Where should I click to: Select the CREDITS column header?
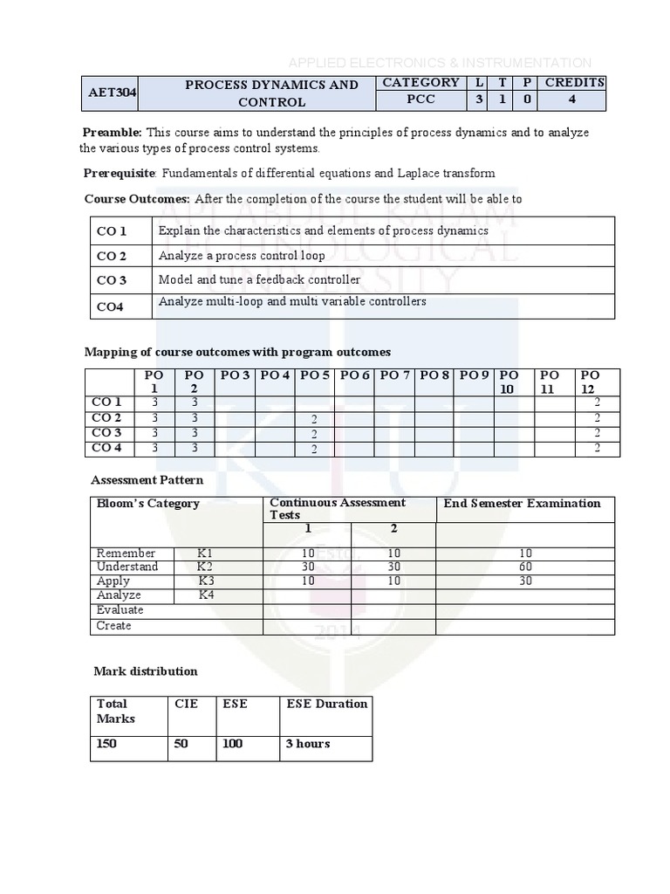[x=574, y=83]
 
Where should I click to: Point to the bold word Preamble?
[x=112, y=132]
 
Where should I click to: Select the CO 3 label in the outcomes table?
[x=112, y=280]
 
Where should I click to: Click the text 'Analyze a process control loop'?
[x=242, y=256]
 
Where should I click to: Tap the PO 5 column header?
[x=314, y=375]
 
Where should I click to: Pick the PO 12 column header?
[x=591, y=382]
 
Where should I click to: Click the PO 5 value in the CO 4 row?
[x=312, y=449]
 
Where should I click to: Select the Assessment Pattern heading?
[x=147, y=480]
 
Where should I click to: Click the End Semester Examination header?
[x=522, y=504]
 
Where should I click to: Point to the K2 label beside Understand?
[x=205, y=567]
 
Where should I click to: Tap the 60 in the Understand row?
[x=524, y=567]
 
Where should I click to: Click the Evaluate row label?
[x=120, y=609]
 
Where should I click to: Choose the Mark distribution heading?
[x=146, y=671]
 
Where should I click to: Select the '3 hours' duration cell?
[x=308, y=744]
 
